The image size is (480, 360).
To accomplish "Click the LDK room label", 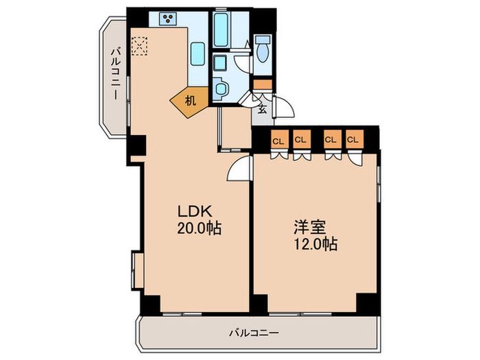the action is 195,211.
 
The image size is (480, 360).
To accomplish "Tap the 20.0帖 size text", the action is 199,228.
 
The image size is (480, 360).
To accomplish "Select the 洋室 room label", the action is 310,227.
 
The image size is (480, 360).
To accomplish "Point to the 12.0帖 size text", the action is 316,244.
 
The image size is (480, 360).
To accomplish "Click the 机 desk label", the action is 191,100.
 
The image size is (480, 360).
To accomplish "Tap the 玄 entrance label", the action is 263,109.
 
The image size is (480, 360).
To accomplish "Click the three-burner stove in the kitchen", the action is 168,19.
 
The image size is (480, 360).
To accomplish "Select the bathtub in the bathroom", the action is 221,29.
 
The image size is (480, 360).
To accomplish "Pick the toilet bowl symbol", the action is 263,49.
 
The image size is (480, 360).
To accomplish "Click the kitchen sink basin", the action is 197,54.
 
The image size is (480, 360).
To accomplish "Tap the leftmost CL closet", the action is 279,141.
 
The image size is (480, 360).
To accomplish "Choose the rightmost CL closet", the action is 355,140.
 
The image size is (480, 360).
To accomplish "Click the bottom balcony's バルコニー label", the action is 254,333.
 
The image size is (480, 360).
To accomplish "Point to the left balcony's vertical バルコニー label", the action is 116,73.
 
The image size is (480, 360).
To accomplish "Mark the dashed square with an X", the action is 140,46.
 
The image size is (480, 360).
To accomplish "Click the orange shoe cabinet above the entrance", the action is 263,84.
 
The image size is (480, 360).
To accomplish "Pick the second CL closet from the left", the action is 302,140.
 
